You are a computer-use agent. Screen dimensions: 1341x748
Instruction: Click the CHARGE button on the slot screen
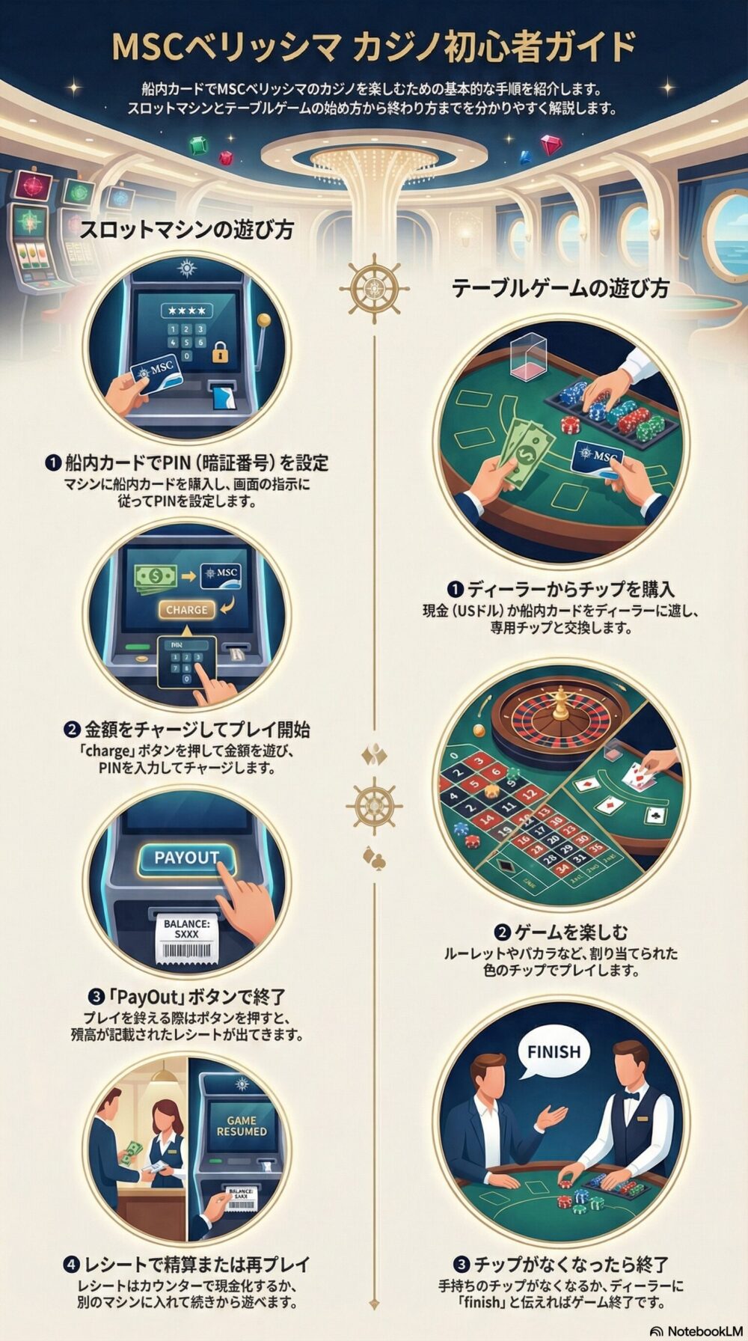click(x=186, y=609)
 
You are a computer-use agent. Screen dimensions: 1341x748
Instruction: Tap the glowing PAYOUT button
click(x=186, y=858)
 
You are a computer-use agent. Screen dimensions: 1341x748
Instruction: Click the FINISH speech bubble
click(x=554, y=1051)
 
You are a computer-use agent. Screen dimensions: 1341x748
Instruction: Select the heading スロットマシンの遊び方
click(x=186, y=229)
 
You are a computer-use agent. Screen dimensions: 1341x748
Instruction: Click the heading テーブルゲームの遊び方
click(x=560, y=288)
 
